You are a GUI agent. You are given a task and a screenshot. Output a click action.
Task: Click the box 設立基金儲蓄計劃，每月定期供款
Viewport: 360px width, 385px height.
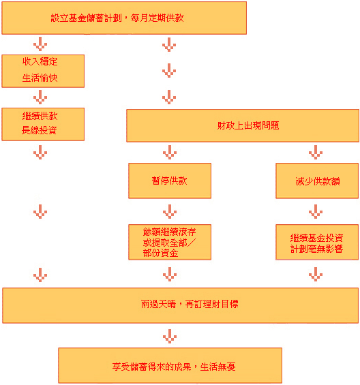pos(124,18)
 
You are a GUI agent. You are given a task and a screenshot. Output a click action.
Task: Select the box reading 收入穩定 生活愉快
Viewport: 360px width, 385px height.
pos(43,71)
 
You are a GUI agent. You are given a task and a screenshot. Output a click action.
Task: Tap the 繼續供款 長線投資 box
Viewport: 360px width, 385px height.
pos(43,124)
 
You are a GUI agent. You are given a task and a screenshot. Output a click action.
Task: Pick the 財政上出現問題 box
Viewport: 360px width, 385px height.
pos(243,125)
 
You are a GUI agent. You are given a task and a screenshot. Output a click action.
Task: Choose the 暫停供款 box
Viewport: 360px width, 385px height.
pos(170,181)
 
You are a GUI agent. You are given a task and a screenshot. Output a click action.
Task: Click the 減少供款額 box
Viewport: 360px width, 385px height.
pos(317,181)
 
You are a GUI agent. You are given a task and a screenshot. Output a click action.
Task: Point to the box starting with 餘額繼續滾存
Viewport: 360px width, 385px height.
pos(170,242)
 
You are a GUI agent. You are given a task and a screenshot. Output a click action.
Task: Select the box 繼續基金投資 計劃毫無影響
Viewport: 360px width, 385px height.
pos(317,242)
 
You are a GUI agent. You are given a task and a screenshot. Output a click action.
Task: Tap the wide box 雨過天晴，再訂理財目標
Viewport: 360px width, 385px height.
pos(181,305)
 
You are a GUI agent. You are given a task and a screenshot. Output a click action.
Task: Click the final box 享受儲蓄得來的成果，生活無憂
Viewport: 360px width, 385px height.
pos(170,365)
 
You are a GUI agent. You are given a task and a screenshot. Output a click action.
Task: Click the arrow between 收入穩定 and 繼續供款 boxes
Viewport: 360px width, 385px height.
pos(40,97)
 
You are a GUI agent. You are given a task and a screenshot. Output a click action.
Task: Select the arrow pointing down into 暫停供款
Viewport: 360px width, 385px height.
pos(170,152)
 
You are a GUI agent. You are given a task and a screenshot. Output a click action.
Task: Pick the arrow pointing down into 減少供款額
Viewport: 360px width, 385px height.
pos(316,152)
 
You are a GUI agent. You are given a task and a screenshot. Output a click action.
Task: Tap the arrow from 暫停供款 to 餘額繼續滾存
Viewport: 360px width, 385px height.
pos(170,211)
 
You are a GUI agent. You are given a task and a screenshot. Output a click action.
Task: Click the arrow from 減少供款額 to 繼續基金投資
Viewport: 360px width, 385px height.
pos(316,211)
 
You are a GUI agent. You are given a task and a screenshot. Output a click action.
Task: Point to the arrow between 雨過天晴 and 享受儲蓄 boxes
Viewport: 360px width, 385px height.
pos(170,336)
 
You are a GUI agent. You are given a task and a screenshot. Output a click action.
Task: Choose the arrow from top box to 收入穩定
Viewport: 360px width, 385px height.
pos(40,44)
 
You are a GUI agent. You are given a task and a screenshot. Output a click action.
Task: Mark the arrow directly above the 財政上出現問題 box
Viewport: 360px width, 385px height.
pos(169,97)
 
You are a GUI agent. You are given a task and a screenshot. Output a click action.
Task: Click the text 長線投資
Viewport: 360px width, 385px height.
pos(40,130)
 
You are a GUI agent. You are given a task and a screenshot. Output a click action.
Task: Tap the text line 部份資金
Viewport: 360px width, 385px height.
pos(160,253)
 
